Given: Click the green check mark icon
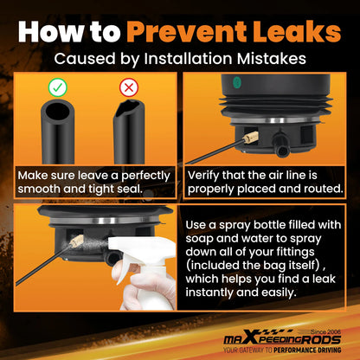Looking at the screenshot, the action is click(58, 87).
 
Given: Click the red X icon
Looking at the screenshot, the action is click(129, 87).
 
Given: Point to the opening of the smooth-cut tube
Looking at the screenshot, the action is click(58, 111).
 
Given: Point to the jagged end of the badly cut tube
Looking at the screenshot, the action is click(129, 108).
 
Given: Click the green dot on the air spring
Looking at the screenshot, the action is click(237, 83).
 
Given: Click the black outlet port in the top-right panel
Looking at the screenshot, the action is click(280, 145).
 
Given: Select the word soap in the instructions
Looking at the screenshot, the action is click(199, 239).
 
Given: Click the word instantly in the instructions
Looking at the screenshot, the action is click(209, 292).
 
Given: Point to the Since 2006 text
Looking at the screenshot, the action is click(325, 332).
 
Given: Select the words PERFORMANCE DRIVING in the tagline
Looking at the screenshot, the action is click(307, 350).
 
